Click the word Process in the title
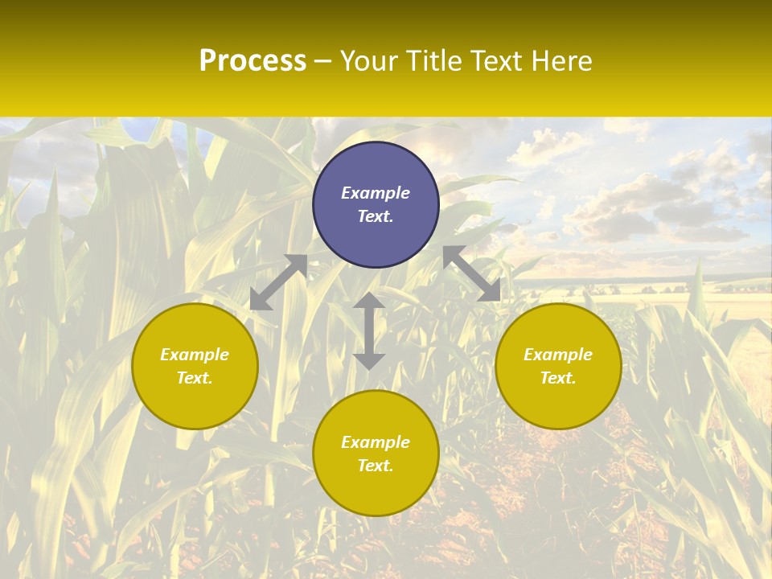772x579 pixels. pyautogui.click(x=253, y=61)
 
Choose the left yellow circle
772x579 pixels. pyautogui.click(x=195, y=366)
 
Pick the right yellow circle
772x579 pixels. pyautogui.click(x=558, y=366)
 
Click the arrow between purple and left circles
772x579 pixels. pyautogui.click(x=279, y=282)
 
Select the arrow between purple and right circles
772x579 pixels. pyautogui.click(x=472, y=273)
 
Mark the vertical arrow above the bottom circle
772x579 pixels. pyautogui.click(x=369, y=331)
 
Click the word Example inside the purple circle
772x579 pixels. pyautogui.click(x=376, y=193)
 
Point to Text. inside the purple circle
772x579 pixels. pyautogui.click(x=376, y=216)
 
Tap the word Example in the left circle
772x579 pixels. pyautogui.click(x=195, y=355)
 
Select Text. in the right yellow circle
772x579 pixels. pyautogui.click(x=558, y=378)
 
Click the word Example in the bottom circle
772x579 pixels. pyautogui.click(x=376, y=442)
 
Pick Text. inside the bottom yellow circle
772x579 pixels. pyautogui.click(x=376, y=466)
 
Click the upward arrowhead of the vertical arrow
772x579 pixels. pyautogui.click(x=369, y=301)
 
